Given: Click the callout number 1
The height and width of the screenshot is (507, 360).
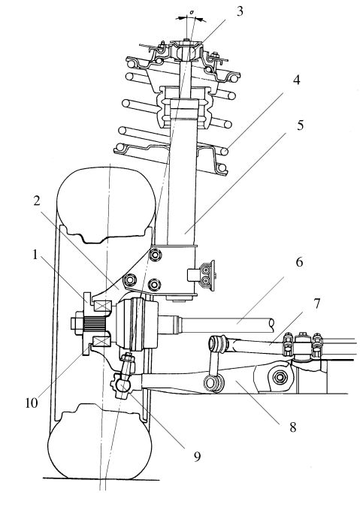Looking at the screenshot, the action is coord(35,255).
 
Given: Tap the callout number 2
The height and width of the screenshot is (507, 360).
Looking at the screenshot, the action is coord(37,201).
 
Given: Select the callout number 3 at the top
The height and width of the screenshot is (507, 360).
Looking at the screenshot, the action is coord(239,11).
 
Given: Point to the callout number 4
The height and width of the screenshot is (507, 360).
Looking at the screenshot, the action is coord(296,80).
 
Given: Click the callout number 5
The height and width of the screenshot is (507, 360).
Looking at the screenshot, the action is coord(300,125).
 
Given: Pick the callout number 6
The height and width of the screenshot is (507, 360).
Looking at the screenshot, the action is coord(299,262).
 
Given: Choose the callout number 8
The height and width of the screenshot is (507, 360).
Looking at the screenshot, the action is coord(293,427).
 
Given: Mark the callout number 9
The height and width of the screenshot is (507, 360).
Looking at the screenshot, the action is coord(197,457).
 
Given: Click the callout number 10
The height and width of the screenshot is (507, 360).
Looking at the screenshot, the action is coord(32,403).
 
